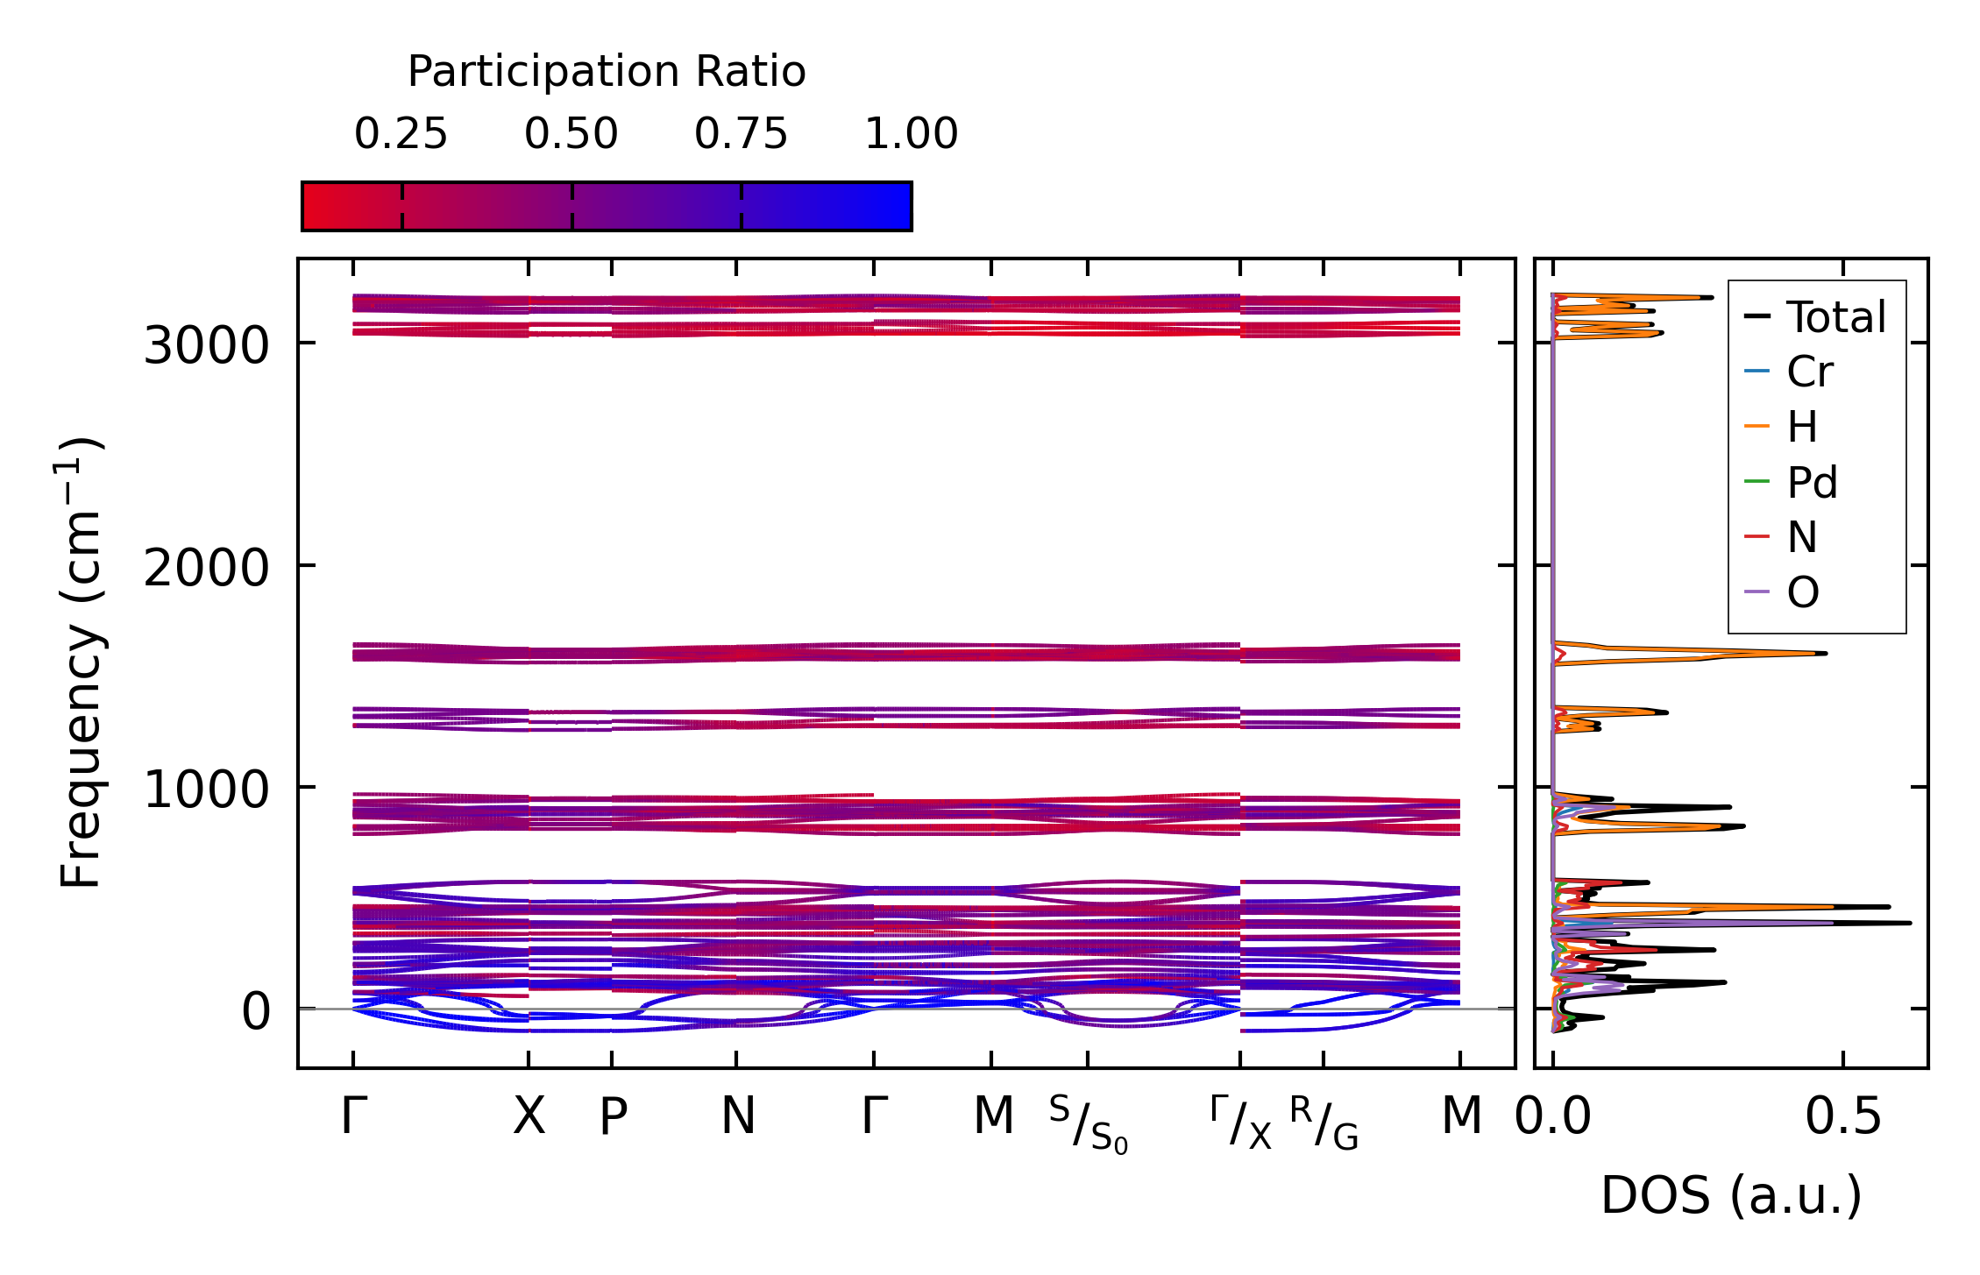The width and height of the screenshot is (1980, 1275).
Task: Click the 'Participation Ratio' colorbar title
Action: (x=607, y=72)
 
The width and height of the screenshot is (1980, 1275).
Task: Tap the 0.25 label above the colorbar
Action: (x=401, y=134)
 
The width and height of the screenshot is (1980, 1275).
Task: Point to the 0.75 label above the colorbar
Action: (x=741, y=134)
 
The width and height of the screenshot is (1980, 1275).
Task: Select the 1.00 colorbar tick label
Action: (x=911, y=134)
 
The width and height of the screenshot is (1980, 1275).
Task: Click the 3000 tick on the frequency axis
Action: (x=206, y=346)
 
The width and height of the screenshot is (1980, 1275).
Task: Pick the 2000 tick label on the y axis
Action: (x=206, y=568)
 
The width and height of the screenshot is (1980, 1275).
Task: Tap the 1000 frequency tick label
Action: (x=206, y=790)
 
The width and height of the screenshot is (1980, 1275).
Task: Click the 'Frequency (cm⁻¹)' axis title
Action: (x=81, y=662)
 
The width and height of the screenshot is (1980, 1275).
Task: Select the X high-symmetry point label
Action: (x=529, y=1117)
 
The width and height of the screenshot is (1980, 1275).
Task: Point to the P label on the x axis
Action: (x=613, y=1117)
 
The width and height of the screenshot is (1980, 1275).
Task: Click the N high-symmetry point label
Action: (x=737, y=1117)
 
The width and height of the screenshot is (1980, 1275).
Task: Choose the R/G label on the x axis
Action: (x=1324, y=1123)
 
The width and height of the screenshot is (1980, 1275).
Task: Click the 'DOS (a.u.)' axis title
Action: (x=1731, y=1196)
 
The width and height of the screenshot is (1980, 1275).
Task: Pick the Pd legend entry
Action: (x=1811, y=482)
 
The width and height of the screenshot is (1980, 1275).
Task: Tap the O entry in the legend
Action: (x=1802, y=593)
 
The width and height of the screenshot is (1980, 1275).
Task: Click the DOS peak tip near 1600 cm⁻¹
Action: (x=1825, y=653)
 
